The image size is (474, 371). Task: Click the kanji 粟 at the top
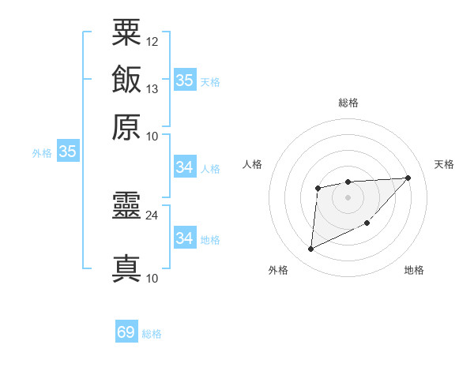coord(126,32)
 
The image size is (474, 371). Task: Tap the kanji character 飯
coord(126,80)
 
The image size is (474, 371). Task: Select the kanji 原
coord(126,127)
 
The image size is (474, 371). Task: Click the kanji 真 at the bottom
coord(126,268)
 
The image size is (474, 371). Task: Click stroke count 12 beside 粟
coord(152,41)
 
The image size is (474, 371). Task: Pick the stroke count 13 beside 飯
coord(152,88)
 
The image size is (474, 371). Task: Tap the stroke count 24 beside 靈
coord(152,214)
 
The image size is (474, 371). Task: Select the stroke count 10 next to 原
coord(152,136)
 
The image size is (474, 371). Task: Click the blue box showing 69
coord(126,332)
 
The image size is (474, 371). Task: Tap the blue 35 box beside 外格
coord(67,152)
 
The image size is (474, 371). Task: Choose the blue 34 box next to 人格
coord(184,167)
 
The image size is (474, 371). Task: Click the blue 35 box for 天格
coord(184,81)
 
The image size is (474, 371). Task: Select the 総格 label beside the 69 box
coord(152,334)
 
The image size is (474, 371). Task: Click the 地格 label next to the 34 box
coord(210,239)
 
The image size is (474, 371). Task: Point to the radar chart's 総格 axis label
coord(348,103)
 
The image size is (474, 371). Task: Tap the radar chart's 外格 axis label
coord(278,271)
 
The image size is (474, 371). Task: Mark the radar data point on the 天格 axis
coord(408,178)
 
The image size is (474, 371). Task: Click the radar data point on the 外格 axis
coord(310,249)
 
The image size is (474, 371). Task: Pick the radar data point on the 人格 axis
coord(318,188)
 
